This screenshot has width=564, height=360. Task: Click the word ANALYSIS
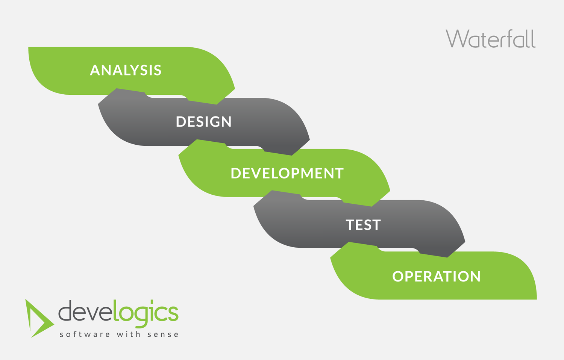pos(126,70)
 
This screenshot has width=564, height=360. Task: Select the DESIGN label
pos(203,122)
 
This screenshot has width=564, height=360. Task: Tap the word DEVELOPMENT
pos(287,173)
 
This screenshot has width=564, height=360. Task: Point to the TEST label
pos(363,225)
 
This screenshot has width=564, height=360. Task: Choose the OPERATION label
pos(436,277)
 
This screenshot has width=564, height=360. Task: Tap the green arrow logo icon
pos(39,318)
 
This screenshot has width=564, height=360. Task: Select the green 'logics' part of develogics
pos(146,313)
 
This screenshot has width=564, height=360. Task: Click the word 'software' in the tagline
pos(85,334)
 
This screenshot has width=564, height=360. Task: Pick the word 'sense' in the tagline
pos(163,334)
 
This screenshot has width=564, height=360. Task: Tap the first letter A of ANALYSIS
pos(95,70)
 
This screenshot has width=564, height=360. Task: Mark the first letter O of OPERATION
pos(399,277)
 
